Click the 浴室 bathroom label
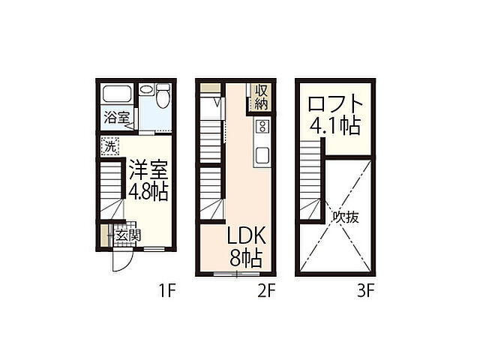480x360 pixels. (116, 118)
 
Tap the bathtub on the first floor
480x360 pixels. (117, 96)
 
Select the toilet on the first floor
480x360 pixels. (163, 96)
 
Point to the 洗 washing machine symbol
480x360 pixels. (110, 146)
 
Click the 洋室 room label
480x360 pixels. (146, 168)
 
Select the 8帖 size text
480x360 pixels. (245, 259)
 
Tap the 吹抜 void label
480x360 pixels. (346, 217)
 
